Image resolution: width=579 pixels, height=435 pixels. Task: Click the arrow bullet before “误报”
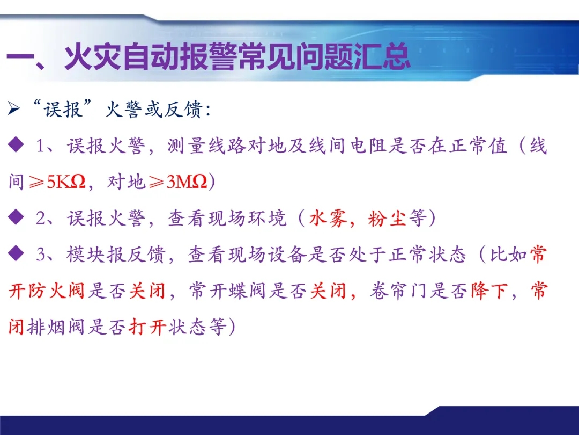pos(13,108)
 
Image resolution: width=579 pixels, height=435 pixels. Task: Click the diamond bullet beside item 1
pos(16,144)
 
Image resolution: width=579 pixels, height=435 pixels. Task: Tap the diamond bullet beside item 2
pos(16,217)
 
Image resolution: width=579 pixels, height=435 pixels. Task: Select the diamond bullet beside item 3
pos(16,253)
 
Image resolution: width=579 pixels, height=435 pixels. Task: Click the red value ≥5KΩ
pos(57,182)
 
